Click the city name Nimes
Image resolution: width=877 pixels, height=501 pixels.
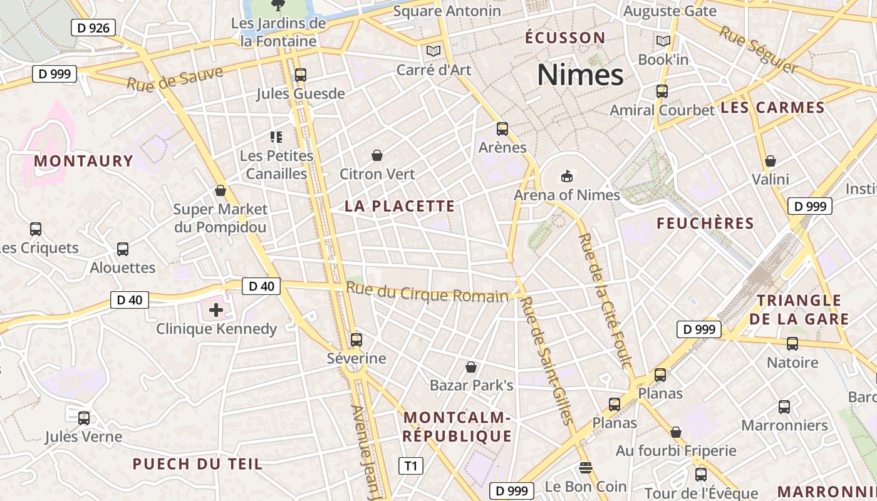tap(580, 75)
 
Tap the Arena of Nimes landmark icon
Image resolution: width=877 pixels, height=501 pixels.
tap(567, 176)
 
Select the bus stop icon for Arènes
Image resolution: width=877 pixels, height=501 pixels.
tap(502, 129)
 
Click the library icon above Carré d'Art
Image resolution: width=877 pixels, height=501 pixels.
tap(433, 51)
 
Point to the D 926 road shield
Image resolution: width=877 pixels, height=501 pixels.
tap(93, 28)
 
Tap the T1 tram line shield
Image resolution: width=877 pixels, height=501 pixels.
tap(410, 466)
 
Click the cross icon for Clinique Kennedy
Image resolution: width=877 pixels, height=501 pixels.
tap(216, 309)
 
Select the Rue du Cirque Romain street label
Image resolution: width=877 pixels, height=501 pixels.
tap(427, 292)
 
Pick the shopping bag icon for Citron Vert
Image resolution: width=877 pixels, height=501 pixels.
tap(377, 155)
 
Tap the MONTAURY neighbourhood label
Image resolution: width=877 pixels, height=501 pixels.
tap(84, 161)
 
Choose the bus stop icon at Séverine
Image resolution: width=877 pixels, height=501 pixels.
tap(356, 340)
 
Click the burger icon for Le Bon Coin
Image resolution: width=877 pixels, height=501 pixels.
tap(586, 468)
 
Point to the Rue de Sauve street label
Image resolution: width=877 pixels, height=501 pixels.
tap(175, 78)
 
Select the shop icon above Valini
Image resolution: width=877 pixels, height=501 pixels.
tap(771, 161)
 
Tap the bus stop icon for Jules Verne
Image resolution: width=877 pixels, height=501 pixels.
tap(84, 418)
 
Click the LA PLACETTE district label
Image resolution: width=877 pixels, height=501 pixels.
tap(400, 206)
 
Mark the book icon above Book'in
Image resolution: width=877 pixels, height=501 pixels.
tap(663, 41)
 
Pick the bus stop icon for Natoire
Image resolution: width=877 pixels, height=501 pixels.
tap(792, 344)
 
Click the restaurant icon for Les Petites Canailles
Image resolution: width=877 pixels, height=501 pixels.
tap(276, 137)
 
